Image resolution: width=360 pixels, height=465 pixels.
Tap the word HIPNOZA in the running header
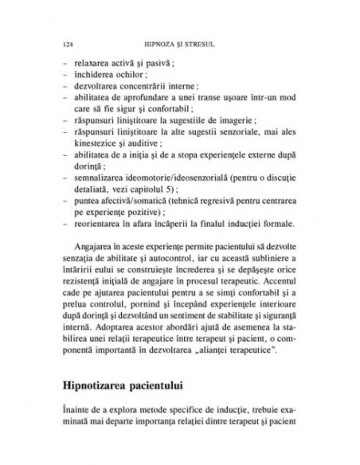point(160,41)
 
